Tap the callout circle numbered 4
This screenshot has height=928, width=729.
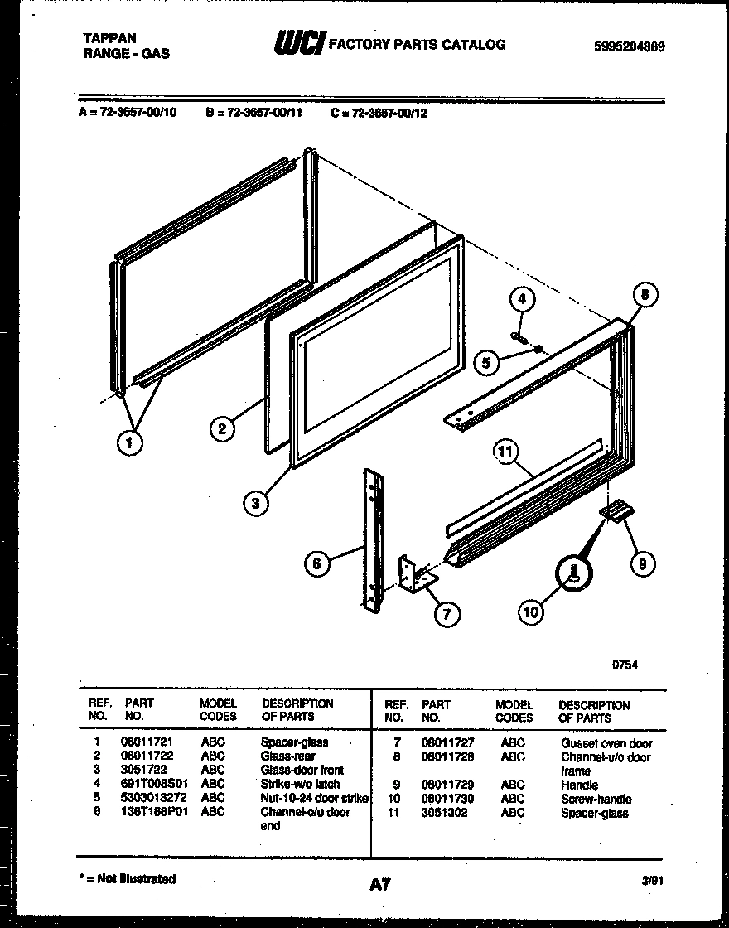point(521,299)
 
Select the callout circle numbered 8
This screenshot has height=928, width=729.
point(645,294)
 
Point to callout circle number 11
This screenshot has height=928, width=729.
point(506,452)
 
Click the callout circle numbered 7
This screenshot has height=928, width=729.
point(447,614)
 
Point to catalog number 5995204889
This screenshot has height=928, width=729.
point(629,47)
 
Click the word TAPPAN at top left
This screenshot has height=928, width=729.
point(110,38)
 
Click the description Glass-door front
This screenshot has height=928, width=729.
point(302,770)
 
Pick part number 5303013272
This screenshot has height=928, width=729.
point(153,798)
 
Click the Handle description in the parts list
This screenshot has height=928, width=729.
point(579,785)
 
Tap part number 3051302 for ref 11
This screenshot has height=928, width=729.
point(444,813)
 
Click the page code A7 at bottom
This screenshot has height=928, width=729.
point(379,884)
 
